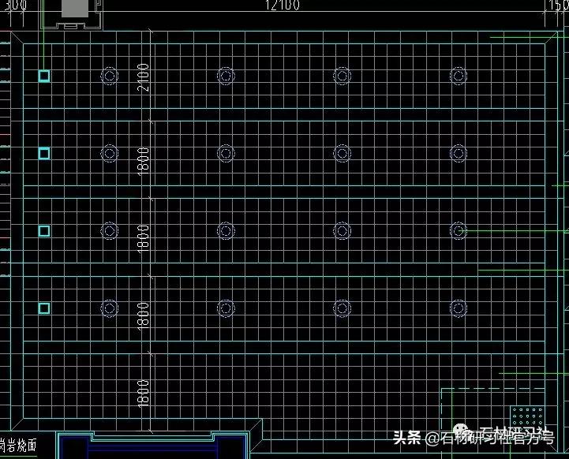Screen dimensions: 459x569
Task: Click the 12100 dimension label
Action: (283, 6)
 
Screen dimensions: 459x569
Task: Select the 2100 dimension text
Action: (144, 76)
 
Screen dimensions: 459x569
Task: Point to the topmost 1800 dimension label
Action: (144, 160)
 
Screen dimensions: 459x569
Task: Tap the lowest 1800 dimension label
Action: (144, 392)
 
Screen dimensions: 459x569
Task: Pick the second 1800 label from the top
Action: (144, 237)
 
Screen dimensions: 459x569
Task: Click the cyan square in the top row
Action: (44, 76)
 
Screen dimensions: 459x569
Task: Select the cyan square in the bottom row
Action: (44, 308)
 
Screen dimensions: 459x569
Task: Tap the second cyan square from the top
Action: (44, 153)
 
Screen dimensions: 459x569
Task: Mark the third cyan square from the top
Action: (44, 230)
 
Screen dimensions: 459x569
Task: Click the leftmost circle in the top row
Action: (110, 76)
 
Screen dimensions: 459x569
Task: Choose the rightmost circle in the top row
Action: (459, 76)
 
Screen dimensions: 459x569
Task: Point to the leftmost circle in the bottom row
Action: (110, 308)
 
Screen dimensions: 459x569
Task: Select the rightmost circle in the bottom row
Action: (459, 308)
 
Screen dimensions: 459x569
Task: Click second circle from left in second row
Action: (226, 153)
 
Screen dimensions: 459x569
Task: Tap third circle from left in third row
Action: (342, 230)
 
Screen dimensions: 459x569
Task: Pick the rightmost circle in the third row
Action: (459, 230)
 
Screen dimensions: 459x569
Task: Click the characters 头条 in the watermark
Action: (408, 438)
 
